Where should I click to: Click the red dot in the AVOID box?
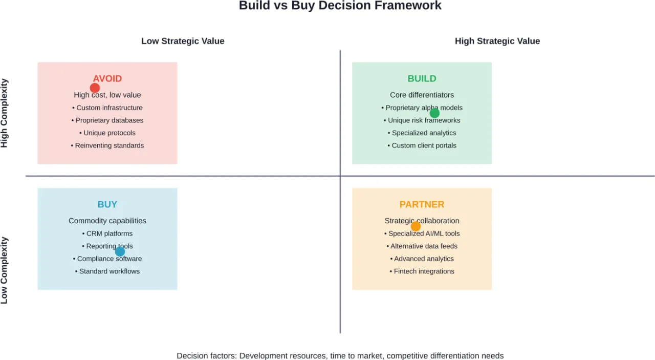tap(95, 88)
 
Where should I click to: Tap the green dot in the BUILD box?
tap(434, 113)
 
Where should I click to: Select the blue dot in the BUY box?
tap(120, 251)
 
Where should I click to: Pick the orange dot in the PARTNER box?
tap(416, 226)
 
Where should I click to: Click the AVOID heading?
tap(107, 78)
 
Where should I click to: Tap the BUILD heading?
tap(422, 78)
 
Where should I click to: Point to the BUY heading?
tap(107, 204)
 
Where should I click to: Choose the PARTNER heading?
tap(422, 204)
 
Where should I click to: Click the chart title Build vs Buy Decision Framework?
tap(340, 6)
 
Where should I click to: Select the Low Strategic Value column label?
tap(183, 41)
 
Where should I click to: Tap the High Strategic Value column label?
tap(497, 41)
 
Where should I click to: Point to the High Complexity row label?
tap(5, 113)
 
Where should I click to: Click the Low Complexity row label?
tap(5, 270)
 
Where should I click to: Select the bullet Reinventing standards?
tap(107, 145)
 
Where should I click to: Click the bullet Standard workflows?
tap(107, 271)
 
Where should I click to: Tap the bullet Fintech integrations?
tap(422, 271)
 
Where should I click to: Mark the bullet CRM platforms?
tap(107, 234)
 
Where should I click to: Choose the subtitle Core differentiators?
tap(422, 95)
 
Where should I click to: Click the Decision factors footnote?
tap(340, 356)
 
